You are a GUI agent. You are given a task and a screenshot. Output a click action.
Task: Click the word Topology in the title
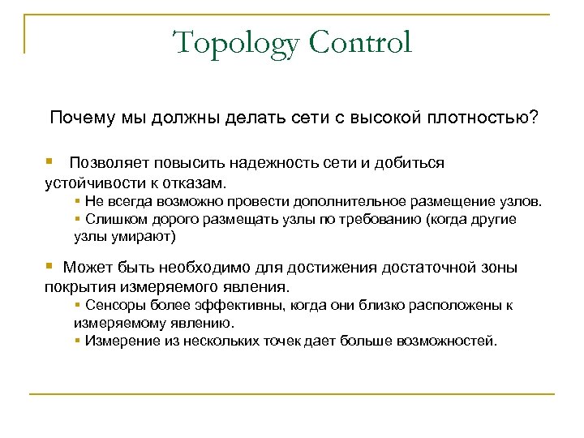[230, 42]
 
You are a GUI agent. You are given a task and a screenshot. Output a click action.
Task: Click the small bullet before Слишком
[75, 219]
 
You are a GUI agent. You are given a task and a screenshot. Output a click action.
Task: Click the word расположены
[447, 306]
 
